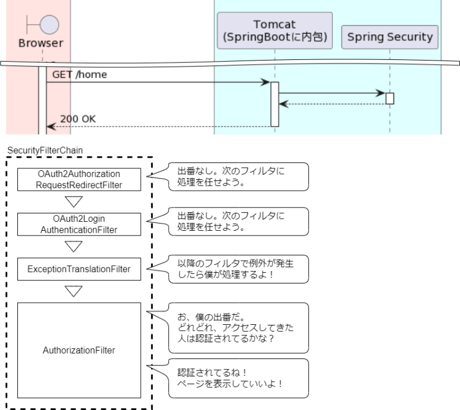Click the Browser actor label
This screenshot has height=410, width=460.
(x=40, y=43)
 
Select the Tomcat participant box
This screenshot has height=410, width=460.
(x=274, y=31)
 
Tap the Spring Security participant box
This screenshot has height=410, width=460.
(x=389, y=37)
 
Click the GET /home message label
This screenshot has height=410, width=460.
(x=80, y=74)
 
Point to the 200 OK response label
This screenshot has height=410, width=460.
(x=78, y=119)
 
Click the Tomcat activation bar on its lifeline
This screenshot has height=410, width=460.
(x=275, y=104)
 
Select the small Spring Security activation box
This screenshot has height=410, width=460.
(x=389, y=98)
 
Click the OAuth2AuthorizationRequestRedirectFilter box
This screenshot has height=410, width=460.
(x=78, y=179)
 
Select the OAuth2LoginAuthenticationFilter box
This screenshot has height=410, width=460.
(x=78, y=224)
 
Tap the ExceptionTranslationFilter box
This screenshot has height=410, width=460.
(x=78, y=270)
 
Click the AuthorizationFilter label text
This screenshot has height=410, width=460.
(x=78, y=350)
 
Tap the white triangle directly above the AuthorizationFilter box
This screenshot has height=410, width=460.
(x=74, y=292)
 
